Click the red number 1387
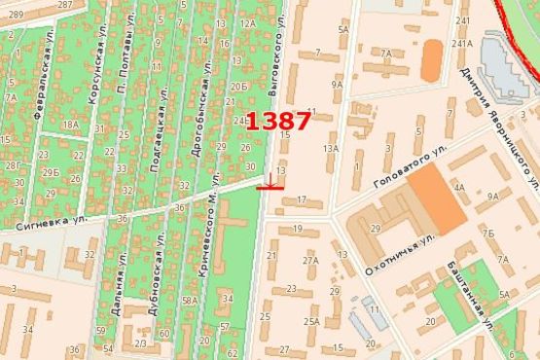278,122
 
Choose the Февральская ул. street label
45,88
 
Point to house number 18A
70,125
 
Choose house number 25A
311,320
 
